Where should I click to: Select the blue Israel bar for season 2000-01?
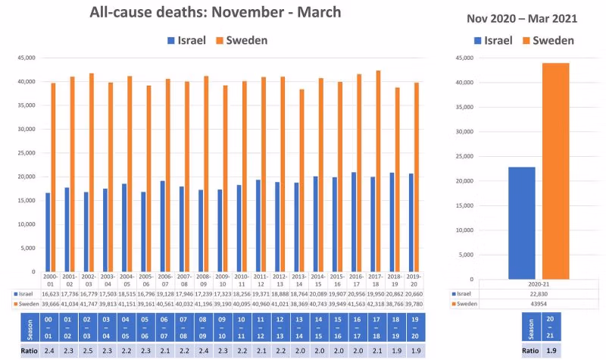[48, 232]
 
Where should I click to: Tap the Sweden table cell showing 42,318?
[395, 303]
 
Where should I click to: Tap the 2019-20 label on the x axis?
[414, 280]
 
